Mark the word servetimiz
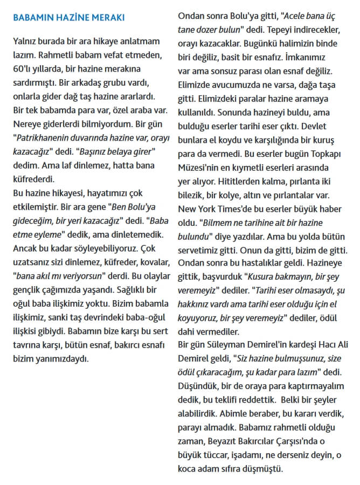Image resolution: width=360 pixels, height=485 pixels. pos(201,239)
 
